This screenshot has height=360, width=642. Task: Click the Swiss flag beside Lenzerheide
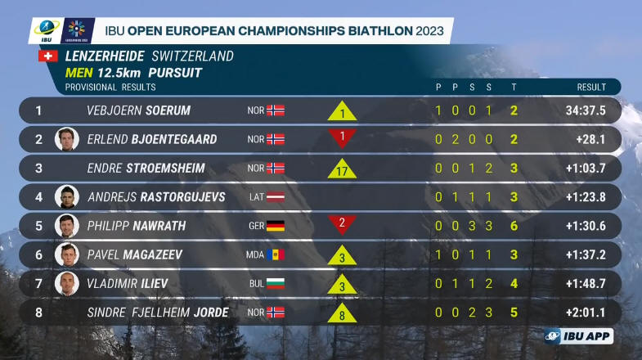click(x=48, y=56)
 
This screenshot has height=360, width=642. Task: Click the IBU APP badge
click(x=578, y=336)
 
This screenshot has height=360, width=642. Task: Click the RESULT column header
click(x=590, y=87)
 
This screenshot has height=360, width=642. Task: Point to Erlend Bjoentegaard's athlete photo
click(x=66, y=139)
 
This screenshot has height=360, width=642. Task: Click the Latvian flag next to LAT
click(x=275, y=197)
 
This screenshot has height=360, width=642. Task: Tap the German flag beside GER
click(x=275, y=226)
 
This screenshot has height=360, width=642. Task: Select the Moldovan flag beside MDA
click(x=275, y=254)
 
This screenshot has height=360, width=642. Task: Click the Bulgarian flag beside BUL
click(x=275, y=284)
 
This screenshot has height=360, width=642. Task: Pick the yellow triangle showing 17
click(x=343, y=169)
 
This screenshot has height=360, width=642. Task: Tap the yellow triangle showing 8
click(x=343, y=313)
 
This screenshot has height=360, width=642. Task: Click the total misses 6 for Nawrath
click(x=514, y=226)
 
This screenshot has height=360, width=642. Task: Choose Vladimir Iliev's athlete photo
click(x=66, y=284)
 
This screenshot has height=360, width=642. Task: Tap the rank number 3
click(x=38, y=169)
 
